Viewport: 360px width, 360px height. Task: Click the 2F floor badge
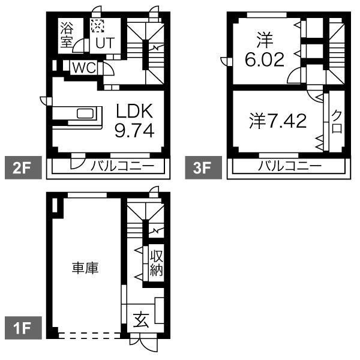[23, 167]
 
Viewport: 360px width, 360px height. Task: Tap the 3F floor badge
[203, 167]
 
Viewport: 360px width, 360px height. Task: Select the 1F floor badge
[23, 328]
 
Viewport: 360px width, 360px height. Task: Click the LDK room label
[134, 111]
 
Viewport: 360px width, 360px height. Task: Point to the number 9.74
[134, 130]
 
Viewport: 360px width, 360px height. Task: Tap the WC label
[84, 67]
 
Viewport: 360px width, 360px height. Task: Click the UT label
[105, 43]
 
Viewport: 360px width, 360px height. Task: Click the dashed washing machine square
[98, 26]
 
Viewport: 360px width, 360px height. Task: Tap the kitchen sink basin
[85, 113]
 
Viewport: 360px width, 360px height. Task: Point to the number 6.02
[265, 59]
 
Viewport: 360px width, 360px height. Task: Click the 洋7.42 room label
[278, 121]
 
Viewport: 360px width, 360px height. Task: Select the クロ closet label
[337, 121]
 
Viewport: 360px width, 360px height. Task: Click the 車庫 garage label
[85, 268]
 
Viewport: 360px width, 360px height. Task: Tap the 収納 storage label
[157, 263]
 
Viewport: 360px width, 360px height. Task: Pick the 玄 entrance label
[141, 320]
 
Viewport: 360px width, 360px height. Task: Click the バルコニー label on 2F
[122, 166]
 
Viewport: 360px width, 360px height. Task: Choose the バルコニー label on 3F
[290, 166]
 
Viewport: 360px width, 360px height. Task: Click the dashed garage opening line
[89, 335]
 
